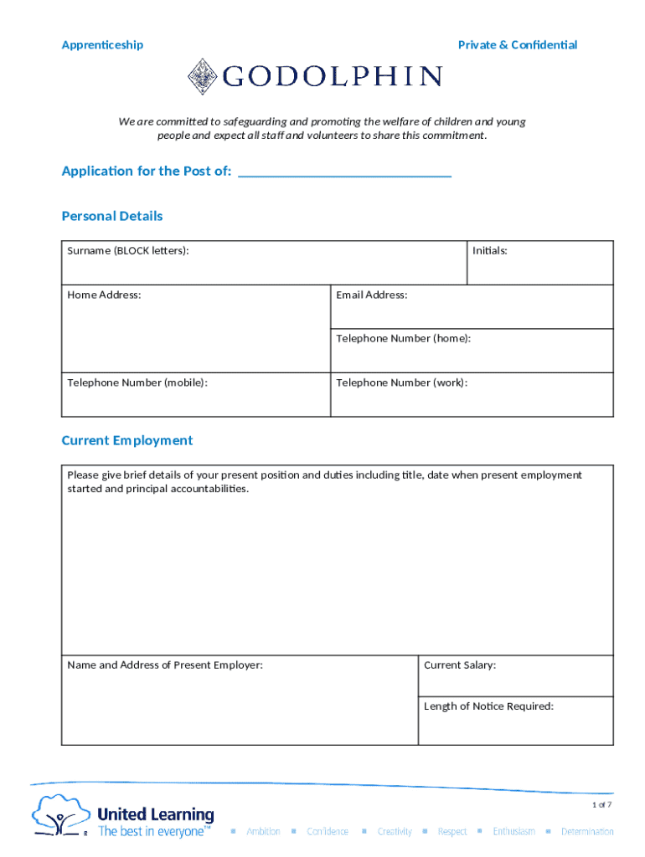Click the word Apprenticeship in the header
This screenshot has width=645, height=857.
pos(102,45)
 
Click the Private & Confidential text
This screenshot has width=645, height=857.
pos(517,45)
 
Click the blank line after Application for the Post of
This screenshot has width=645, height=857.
pos(344,172)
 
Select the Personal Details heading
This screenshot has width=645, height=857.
pos(112,216)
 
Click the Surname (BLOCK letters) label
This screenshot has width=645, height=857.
pos(128,251)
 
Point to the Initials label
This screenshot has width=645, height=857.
pos(489,251)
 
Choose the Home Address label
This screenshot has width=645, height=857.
pos(104,295)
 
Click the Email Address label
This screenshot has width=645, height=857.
pos(372,295)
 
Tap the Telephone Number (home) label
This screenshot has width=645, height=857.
pos(403,338)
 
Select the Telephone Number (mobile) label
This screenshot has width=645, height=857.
pos(137,382)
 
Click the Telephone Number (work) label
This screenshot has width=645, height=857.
pos(402,382)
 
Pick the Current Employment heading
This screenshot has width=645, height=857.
pos(127,440)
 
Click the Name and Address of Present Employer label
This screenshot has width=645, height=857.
pos(165,665)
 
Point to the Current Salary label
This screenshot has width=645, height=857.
pos(460,665)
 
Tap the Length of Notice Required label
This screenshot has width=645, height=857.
pos(488,706)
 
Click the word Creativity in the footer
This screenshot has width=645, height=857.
pos(394,832)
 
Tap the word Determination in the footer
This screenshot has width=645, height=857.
pos(587,832)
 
